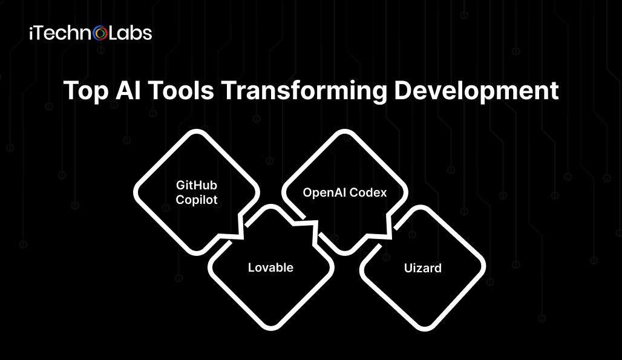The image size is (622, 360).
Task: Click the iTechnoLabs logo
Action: coord(90,33)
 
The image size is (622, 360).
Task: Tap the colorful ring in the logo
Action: coord(100,33)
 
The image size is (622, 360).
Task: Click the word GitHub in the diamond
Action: coord(197,185)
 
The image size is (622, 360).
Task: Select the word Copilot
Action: coord(197,200)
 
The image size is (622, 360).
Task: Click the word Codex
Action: coord(370,192)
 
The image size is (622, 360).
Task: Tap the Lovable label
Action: coord(270,267)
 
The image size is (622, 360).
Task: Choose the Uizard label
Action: coord(423,268)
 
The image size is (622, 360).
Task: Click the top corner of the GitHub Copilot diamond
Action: coord(197,131)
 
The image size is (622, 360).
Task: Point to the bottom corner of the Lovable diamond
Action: coord(271,329)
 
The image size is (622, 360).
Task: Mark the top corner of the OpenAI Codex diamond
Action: coord(345,131)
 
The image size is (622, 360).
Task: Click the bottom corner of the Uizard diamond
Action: coord(424,329)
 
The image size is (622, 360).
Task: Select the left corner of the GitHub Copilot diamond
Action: coord(136,192)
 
